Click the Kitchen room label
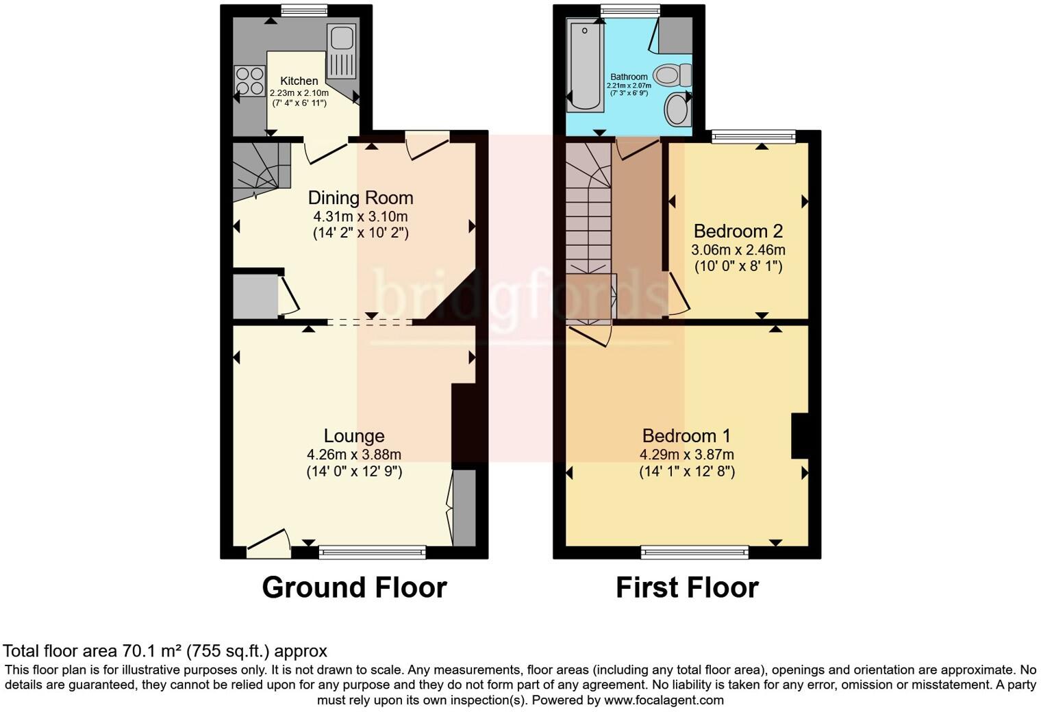tap(299, 81)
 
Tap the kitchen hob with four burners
tap(249, 80)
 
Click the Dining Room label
tap(360, 198)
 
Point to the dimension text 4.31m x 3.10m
tap(360, 216)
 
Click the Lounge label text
tap(353, 436)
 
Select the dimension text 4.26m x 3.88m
tap(353, 455)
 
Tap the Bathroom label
tap(629, 77)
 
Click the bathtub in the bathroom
tap(586, 65)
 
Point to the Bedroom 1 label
tap(686, 436)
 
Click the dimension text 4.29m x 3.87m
tap(686, 455)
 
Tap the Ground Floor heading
tap(354, 587)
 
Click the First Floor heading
tap(687, 587)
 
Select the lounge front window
tap(373, 551)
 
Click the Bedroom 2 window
tap(753, 136)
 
